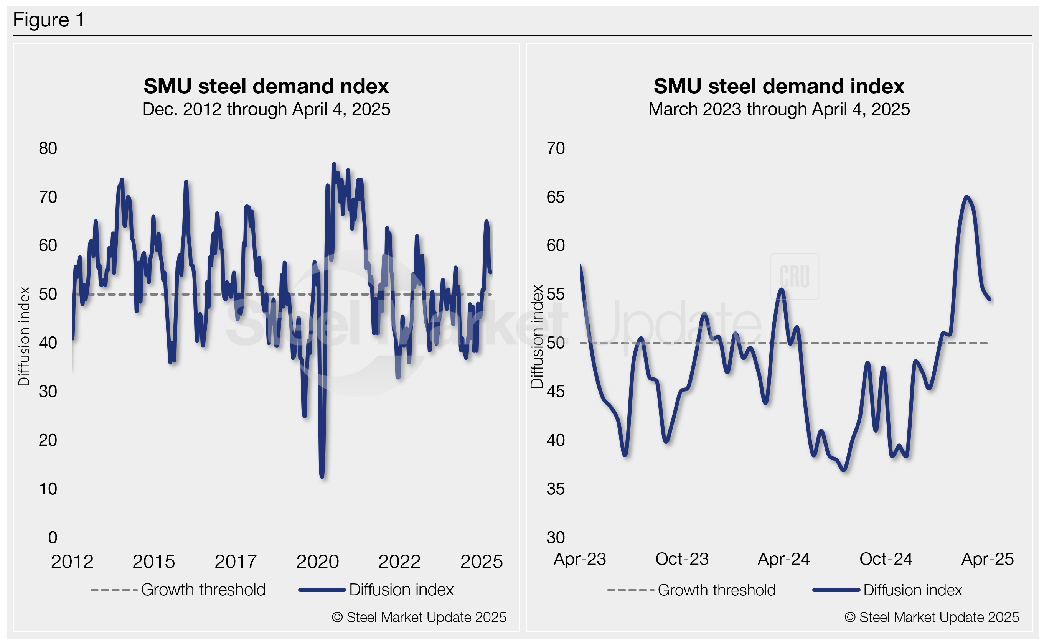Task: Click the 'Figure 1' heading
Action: point(49,20)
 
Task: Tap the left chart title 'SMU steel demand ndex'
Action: point(266,86)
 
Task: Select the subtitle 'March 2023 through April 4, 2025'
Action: point(778,109)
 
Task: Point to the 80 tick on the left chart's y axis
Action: point(48,148)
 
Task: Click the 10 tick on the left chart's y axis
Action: point(48,489)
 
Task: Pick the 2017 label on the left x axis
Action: point(236,562)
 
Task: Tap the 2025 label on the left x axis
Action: point(481,562)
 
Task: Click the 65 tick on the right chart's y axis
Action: point(556,197)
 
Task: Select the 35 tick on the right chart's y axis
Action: point(556,489)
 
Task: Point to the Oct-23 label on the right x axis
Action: point(682,559)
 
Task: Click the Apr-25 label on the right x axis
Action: point(988,559)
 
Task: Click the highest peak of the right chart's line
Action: point(966,196)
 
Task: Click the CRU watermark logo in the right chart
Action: point(795,277)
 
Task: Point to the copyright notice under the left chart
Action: point(419,618)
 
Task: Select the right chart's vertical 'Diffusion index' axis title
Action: point(537,336)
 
